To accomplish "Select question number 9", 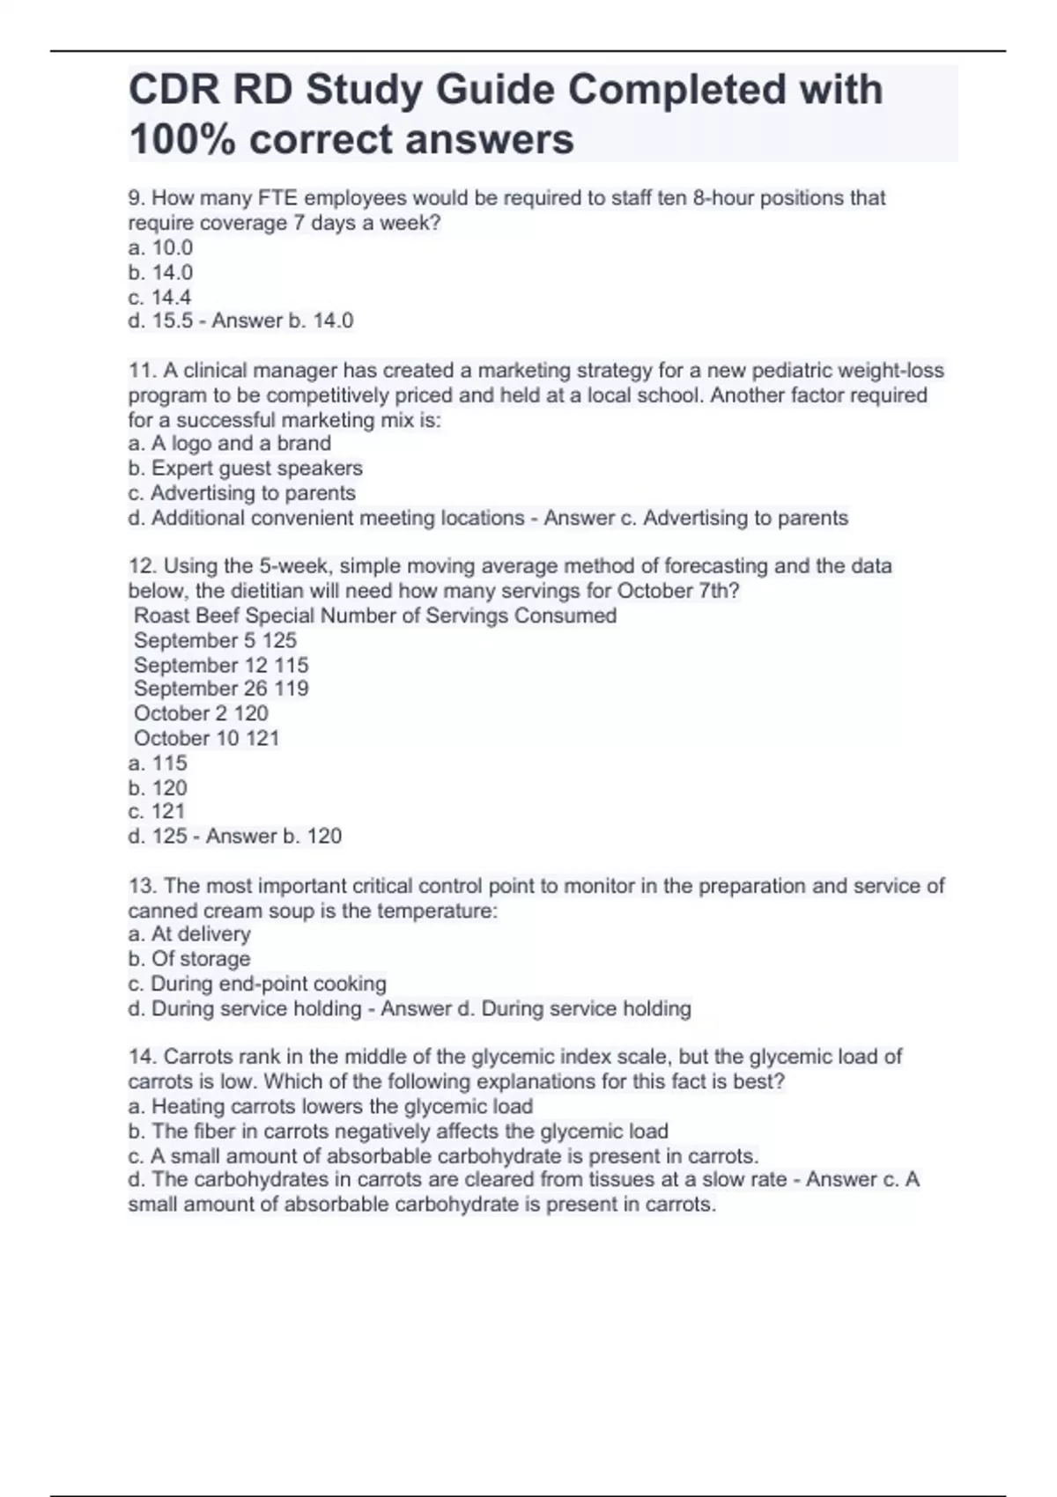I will coord(137,198).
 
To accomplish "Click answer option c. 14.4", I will coord(159,297).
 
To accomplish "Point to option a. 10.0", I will coord(160,247).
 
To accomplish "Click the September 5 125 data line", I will coord(215,640).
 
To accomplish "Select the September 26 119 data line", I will coord(221,689).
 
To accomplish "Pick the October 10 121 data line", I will coord(206,738).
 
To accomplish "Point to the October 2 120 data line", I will coord(201,713).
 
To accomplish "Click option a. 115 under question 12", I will coord(158,763).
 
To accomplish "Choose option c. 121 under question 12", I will coord(157,811).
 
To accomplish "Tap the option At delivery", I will coord(189,933).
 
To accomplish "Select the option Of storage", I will coord(189,958).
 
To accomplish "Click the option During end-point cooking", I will coord(257,983).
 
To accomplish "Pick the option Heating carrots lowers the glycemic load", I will coord(330,1106).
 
